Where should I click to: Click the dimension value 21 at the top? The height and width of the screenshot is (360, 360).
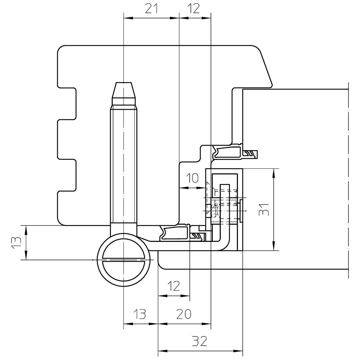coord(152,9)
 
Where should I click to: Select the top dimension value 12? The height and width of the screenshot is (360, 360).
coord(193,9)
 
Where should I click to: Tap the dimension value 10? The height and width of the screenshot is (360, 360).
coord(192,178)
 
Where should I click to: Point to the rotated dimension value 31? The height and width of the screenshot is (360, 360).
coord(264,210)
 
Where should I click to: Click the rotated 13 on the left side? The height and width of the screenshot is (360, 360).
coord(16,243)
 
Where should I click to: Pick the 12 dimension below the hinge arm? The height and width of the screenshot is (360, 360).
coord(174,286)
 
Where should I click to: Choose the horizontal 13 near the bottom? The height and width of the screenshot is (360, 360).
coord(139,314)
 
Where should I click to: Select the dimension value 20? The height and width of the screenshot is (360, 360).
coord(184,314)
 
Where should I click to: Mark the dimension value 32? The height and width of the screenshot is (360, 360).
coord(199,341)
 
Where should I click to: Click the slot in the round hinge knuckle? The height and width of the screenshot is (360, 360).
coord(123,260)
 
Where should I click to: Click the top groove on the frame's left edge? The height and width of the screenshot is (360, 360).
coord(67,103)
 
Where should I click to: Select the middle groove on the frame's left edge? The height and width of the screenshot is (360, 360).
coord(67,140)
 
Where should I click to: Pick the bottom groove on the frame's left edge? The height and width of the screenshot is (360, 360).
coord(67,175)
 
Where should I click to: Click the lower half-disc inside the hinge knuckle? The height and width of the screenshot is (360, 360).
coord(123,271)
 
